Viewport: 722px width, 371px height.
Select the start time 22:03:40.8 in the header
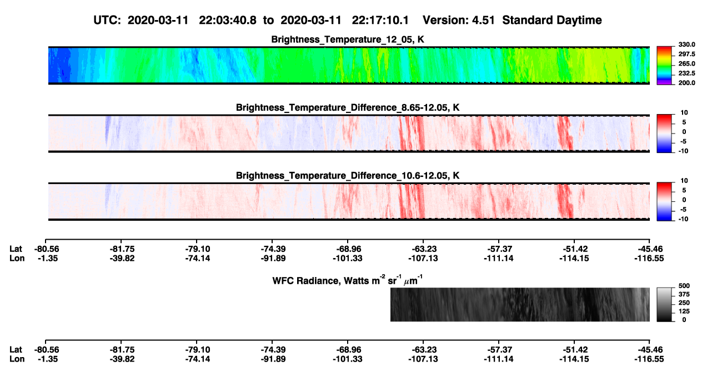point(228,20)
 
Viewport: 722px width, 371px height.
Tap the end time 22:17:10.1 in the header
point(380,20)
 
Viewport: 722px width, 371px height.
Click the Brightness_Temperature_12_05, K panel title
point(348,39)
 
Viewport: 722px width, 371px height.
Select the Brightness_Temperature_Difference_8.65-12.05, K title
point(348,107)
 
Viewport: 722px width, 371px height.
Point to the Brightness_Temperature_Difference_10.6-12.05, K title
point(348,176)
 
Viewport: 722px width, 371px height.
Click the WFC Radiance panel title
point(348,280)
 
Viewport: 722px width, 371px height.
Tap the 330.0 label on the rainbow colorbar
point(686,44)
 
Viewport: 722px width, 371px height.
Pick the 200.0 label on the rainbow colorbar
point(686,83)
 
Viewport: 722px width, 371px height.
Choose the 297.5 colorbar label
point(686,54)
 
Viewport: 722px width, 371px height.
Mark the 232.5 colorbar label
point(686,73)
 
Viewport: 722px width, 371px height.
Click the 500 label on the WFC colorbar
point(684,286)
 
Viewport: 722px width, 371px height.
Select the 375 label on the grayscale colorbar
point(684,294)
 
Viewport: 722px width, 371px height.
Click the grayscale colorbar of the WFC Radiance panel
point(664,304)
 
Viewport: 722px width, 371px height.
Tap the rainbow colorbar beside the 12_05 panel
point(664,66)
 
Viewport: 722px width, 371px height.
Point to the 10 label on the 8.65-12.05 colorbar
point(684,113)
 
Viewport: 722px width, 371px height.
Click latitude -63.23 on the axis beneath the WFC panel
point(423,350)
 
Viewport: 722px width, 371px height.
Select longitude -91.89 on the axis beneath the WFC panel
point(273,359)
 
